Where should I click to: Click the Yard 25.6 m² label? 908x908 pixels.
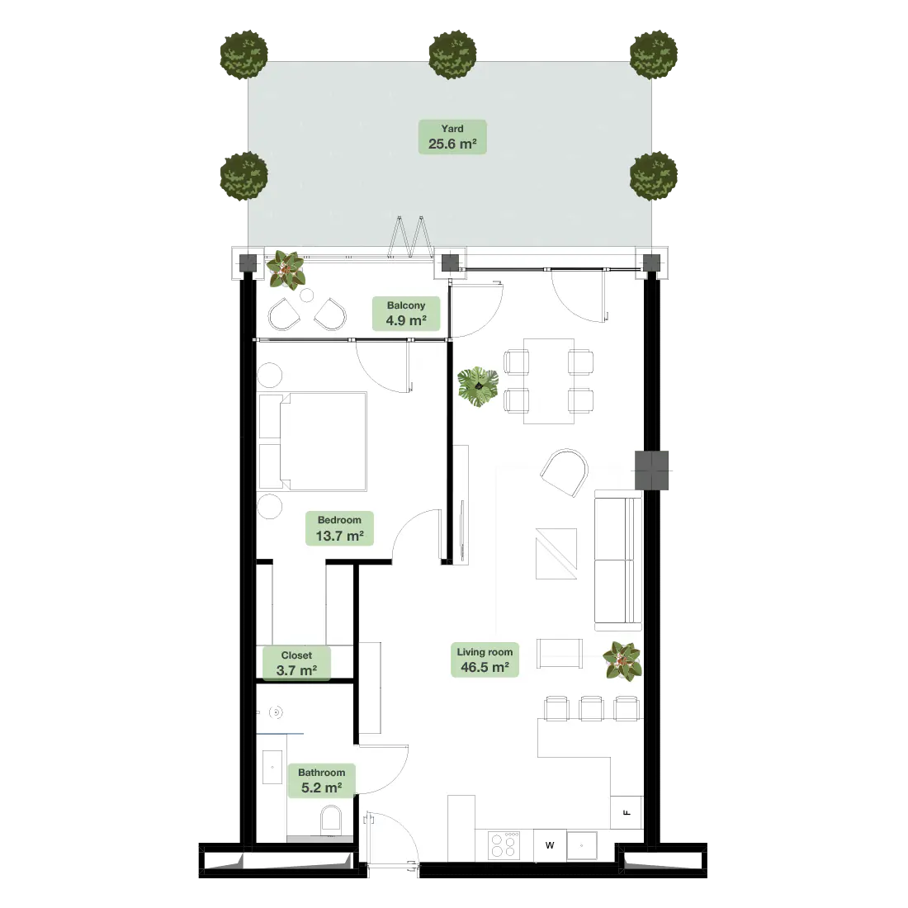pos(452,137)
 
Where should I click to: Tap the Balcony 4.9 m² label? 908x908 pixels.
pos(406,314)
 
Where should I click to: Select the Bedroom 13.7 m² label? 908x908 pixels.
pos(339,528)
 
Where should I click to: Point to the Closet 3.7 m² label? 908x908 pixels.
pos(296,663)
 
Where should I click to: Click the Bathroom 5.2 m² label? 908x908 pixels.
pos(321,781)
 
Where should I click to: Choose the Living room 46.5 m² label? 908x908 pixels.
pos(485,660)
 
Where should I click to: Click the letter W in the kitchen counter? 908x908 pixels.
pos(550,845)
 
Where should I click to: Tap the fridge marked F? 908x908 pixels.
pos(627,812)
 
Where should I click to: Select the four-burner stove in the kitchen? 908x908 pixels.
pos(504,844)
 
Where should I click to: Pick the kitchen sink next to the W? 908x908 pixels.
pos(581,845)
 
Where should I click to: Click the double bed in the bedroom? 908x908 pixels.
pos(313,442)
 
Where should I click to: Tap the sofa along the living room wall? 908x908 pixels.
pos(618,560)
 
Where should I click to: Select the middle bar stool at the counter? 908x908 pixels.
pos(592,708)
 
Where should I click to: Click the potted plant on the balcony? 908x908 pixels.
pos(286,270)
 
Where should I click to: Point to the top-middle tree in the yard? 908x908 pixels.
pos(452,55)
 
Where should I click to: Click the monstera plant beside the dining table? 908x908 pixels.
pos(478,386)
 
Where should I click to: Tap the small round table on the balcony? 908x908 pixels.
pos(307,296)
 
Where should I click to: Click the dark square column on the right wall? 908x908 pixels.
pos(651,471)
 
